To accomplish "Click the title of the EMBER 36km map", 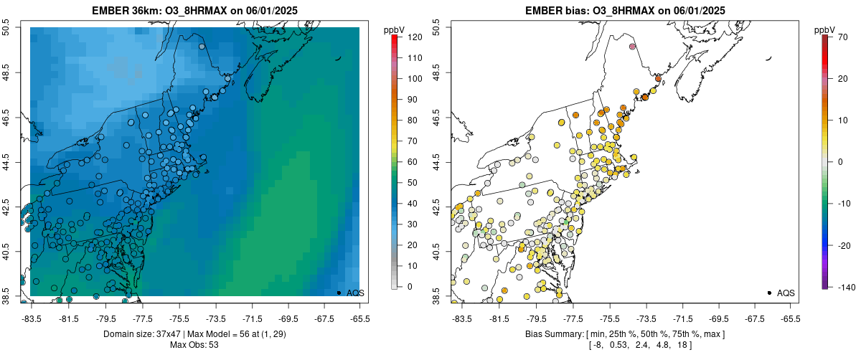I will click(x=194, y=11).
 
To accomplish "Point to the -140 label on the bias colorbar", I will click(x=847, y=287).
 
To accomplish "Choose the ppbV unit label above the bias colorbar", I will click(x=826, y=29).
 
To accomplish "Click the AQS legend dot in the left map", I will click(x=339, y=293).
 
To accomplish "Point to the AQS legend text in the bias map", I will click(x=786, y=293).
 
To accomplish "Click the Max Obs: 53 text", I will click(x=194, y=345).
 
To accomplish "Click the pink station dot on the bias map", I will click(x=632, y=47).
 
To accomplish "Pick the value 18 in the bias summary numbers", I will click(x=681, y=345).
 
